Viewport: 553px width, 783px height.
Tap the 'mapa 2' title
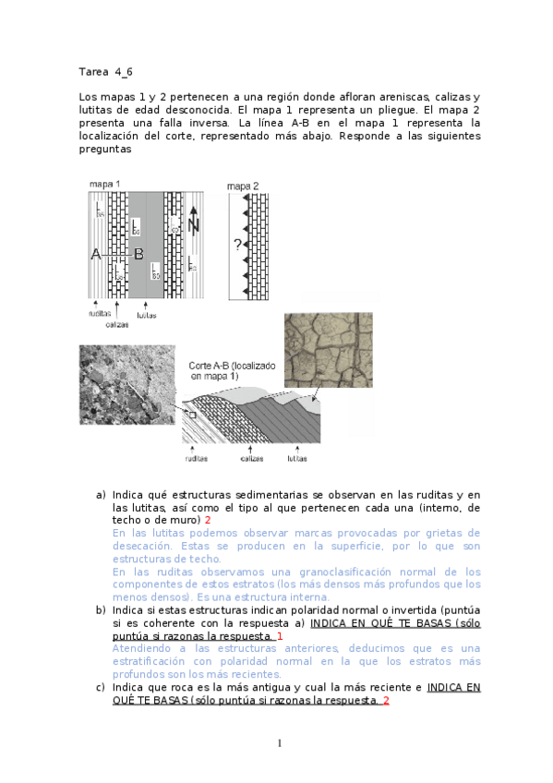coord(243,186)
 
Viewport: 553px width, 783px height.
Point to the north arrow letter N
coord(192,225)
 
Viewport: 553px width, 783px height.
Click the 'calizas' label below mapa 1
coord(117,323)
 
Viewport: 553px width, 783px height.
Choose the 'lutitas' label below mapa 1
coord(146,315)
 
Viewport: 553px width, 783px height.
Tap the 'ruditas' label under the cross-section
coord(196,458)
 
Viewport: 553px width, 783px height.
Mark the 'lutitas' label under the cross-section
coord(296,458)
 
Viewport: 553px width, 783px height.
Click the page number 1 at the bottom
coord(280,743)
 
